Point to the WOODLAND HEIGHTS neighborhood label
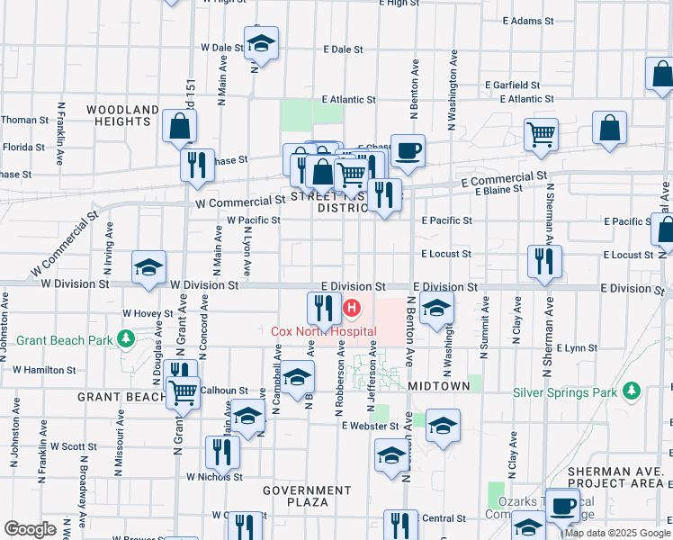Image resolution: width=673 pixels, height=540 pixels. coord(123,115)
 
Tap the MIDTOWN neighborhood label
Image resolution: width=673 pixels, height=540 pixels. coord(439,385)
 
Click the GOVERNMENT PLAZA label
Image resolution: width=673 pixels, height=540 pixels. coord(307,496)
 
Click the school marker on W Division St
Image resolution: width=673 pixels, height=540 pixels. coord(149,266)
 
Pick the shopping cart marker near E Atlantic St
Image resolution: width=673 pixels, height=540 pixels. coord(542,135)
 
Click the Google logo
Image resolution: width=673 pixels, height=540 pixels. coord(30,529)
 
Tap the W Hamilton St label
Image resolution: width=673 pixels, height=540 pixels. coord(43,370)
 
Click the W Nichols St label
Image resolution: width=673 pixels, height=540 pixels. coord(214,477)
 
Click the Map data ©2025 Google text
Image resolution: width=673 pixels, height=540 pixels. coord(617,533)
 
